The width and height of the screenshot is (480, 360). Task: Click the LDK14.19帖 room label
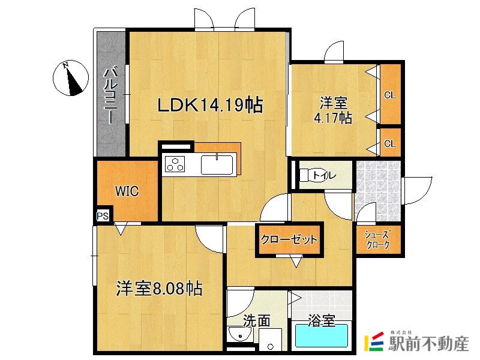tap(209, 106)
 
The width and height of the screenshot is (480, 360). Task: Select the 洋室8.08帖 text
tap(159, 289)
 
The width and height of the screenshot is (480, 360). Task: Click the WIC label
tap(127, 191)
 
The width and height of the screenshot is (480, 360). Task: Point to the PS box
tap(103, 215)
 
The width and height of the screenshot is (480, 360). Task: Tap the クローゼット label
tap(289, 240)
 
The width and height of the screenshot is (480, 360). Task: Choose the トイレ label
tap(324, 176)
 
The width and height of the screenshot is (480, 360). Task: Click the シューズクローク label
tap(378, 240)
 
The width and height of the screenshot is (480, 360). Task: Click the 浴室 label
tap(321, 322)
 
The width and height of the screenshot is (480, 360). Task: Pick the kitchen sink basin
tap(217, 164)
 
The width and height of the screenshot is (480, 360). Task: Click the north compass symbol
tap(73, 79)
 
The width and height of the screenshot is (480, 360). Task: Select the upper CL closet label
tap(390, 95)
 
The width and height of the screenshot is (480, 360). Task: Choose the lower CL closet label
tap(390, 143)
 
